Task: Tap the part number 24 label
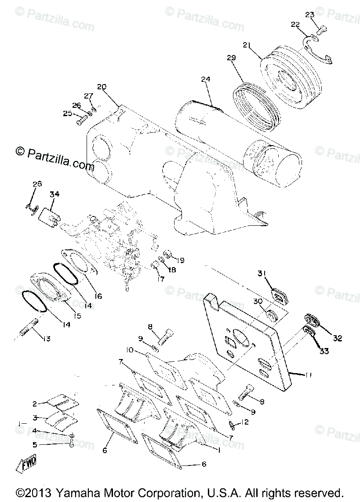coord(206,80)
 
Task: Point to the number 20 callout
coord(102,87)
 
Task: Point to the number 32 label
coord(337,338)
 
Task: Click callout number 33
coord(324,351)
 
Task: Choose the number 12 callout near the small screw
coord(245,423)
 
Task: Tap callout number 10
coord(130,350)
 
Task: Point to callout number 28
coord(37,184)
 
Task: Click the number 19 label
coord(181,260)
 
